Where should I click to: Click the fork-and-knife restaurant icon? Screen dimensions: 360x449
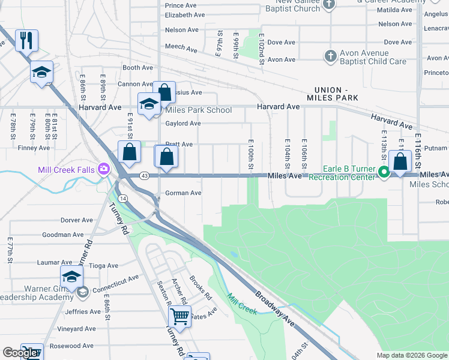(26, 40)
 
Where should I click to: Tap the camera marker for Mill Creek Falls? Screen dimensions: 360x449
(104, 170)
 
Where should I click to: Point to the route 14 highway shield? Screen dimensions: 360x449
(122, 197)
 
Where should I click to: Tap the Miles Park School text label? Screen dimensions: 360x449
(198, 110)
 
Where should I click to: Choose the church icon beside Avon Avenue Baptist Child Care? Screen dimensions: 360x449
(330, 56)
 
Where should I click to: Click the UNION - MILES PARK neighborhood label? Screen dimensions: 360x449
(332, 93)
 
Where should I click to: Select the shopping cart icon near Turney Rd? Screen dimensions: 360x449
(179, 315)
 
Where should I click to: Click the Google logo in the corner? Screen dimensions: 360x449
(20, 353)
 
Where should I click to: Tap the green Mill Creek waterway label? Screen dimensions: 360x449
(242, 304)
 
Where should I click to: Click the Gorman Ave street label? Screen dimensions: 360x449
(183, 193)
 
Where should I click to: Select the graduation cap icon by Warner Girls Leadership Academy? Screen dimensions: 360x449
(71, 276)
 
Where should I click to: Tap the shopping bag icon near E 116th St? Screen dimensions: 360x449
(399, 161)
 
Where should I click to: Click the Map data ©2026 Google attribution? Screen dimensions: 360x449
(411, 355)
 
